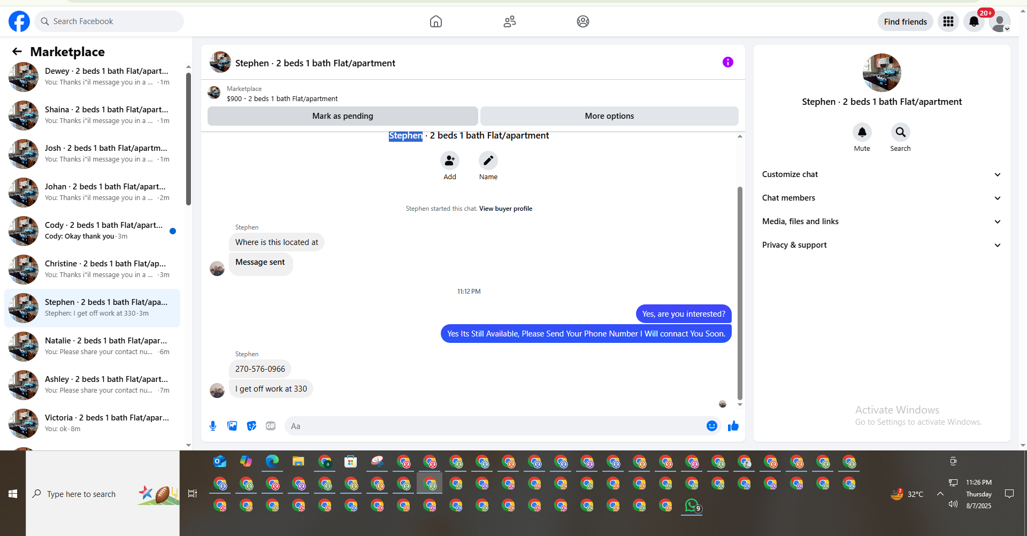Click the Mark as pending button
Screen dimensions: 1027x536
tap(342, 116)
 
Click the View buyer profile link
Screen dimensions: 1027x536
tap(505, 209)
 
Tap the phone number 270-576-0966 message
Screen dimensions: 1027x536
tap(260, 369)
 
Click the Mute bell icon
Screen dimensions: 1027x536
tap(862, 132)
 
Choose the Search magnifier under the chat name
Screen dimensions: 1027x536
tap(900, 132)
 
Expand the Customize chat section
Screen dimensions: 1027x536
tap(882, 174)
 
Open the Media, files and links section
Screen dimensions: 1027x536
tap(882, 221)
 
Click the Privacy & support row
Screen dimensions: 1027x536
tap(882, 245)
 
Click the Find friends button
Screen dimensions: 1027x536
tap(905, 21)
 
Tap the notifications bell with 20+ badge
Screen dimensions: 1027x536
tap(974, 21)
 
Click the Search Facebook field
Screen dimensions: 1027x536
tap(109, 21)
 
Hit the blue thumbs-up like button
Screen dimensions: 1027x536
tap(733, 426)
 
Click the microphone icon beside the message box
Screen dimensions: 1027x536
tap(213, 426)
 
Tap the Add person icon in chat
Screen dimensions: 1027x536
tap(450, 160)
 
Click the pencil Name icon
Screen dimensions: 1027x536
tap(488, 160)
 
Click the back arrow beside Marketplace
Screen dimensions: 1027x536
tap(17, 51)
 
